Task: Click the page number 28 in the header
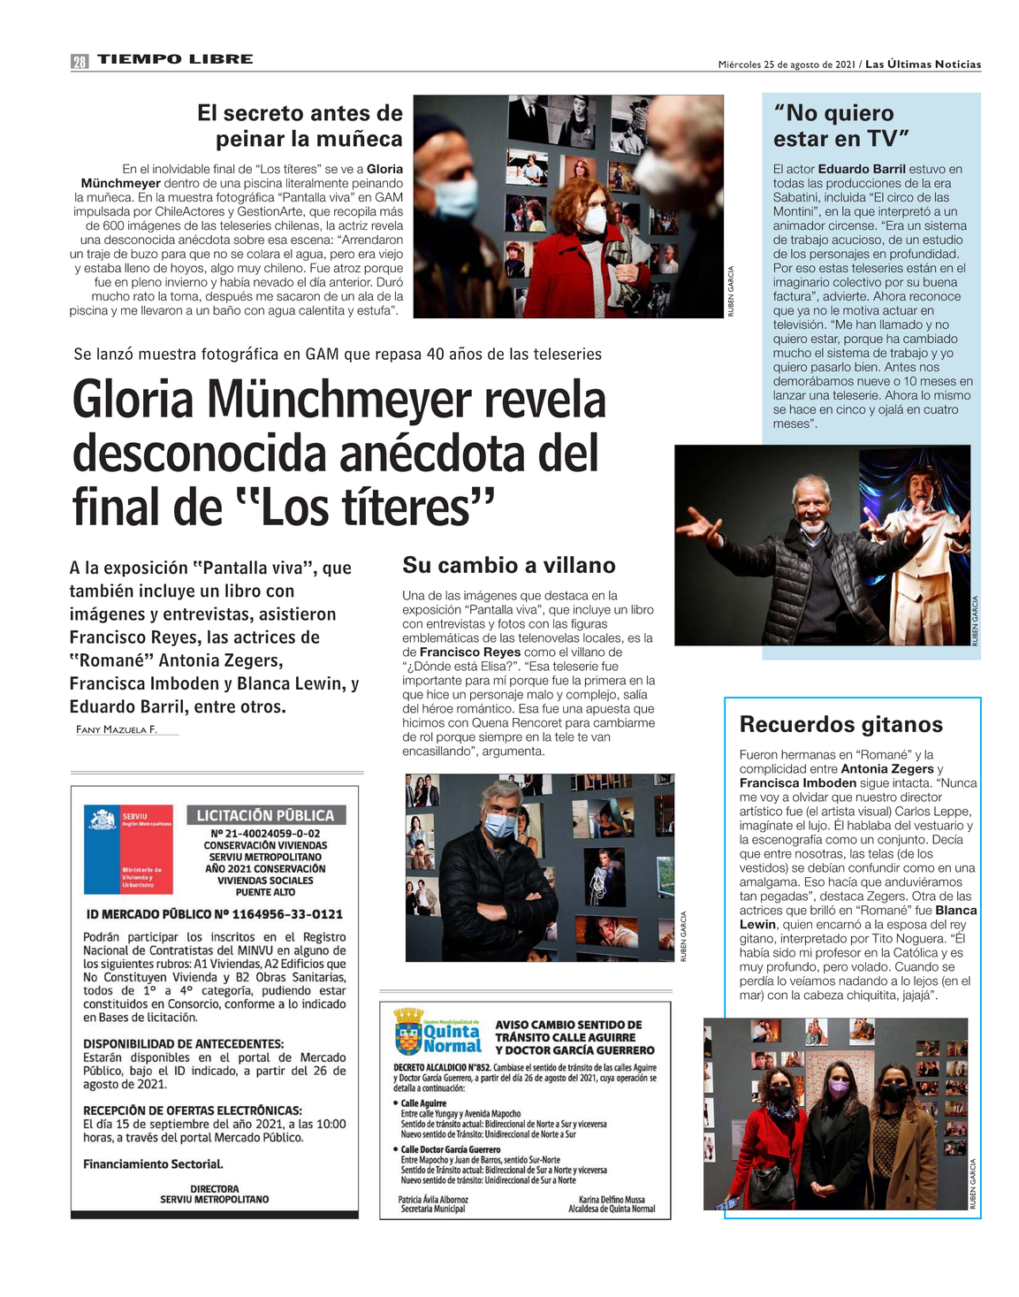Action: pyautogui.click(x=80, y=61)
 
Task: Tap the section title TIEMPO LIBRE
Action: pyautogui.click(x=175, y=59)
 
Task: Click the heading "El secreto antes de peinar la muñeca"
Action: pyautogui.click(x=300, y=126)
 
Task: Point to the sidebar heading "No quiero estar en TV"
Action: pyautogui.click(x=840, y=126)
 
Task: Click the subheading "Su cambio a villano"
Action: pyautogui.click(x=509, y=566)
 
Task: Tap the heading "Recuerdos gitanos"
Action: pyautogui.click(x=840, y=725)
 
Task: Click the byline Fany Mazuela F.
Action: pyautogui.click(x=117, y=729)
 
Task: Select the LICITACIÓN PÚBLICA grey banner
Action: pyautogui.click(x=265, y=815)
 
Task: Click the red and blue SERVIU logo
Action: pyautogui.click(x=129, y=849)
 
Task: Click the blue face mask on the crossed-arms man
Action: pyautogui.click(x=500, y=825)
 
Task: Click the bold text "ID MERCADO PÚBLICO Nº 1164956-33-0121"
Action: pyautogui.click(x=215, y=914)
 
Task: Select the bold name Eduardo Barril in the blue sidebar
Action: pyautogui.click(x=862, y=169)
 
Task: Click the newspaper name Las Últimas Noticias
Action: pyautogui.click(x=923, y=65)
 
